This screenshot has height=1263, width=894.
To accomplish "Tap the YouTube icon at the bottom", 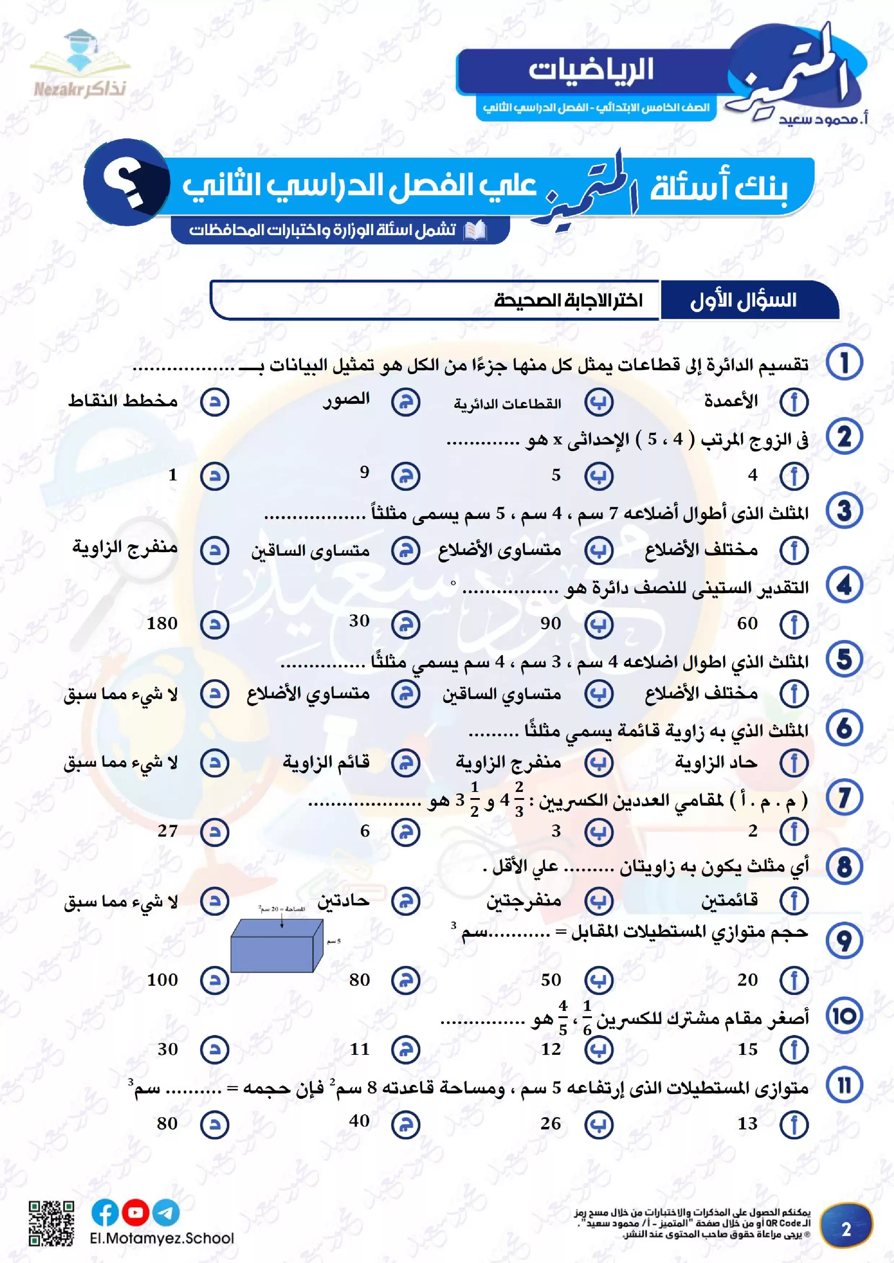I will click(x=136, y=1212).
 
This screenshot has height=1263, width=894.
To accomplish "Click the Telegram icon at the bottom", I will click(x=166, y=1212).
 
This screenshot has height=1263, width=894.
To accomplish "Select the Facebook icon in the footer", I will click(x=105, y=1212).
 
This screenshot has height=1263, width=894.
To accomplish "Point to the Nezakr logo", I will click(x=80, y=65).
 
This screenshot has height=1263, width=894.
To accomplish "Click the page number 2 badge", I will click(x=846, y=1229).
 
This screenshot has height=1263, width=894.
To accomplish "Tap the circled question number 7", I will click(x=844, y=798).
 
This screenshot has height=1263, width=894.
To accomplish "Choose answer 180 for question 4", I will click(x=162, y=624).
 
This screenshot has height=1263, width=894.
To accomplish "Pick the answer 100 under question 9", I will click(x=162, y=980).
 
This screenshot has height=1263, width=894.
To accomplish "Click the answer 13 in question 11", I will click(x=748, y=1123).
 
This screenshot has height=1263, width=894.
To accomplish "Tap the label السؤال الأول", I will click(x=743, y=300).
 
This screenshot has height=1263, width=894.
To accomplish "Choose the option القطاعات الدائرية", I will click(x=507, y=404).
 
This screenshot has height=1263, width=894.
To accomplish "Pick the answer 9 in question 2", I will click(x=364, y=472).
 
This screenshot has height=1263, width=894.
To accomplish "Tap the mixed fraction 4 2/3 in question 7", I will click(x=512, y=800).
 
